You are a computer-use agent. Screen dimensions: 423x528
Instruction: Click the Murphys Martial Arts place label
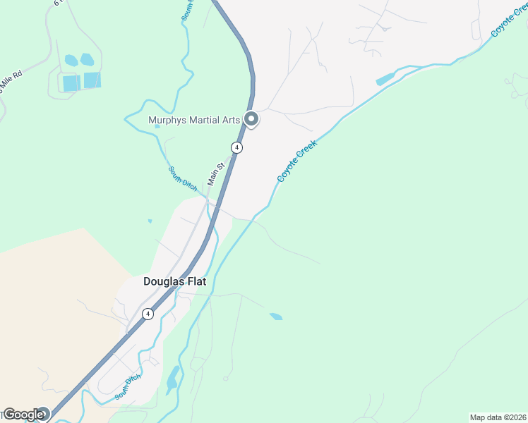pos(194,120)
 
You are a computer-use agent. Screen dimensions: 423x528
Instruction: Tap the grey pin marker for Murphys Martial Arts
pos(251,120)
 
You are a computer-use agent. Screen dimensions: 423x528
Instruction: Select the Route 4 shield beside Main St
pos(237,147)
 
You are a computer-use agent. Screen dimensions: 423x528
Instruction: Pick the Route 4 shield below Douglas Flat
pos(148,314)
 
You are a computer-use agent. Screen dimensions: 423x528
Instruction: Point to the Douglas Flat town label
pos(174,281)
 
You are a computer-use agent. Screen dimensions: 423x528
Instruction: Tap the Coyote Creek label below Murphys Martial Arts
pos(297,161)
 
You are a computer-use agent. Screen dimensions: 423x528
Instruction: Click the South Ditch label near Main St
pos(182,177)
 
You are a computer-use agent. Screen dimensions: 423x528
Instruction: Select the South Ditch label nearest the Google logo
pos(128,387)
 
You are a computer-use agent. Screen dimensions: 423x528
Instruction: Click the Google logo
pos(23,415)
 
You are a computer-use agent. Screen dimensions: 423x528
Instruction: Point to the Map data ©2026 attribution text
pos(498,417)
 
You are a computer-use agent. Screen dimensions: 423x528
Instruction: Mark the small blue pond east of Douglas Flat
pos(276,317)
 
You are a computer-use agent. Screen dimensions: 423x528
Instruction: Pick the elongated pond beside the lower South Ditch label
pos(172,378)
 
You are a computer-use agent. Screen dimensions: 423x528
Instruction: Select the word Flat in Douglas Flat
pos(193,281)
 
